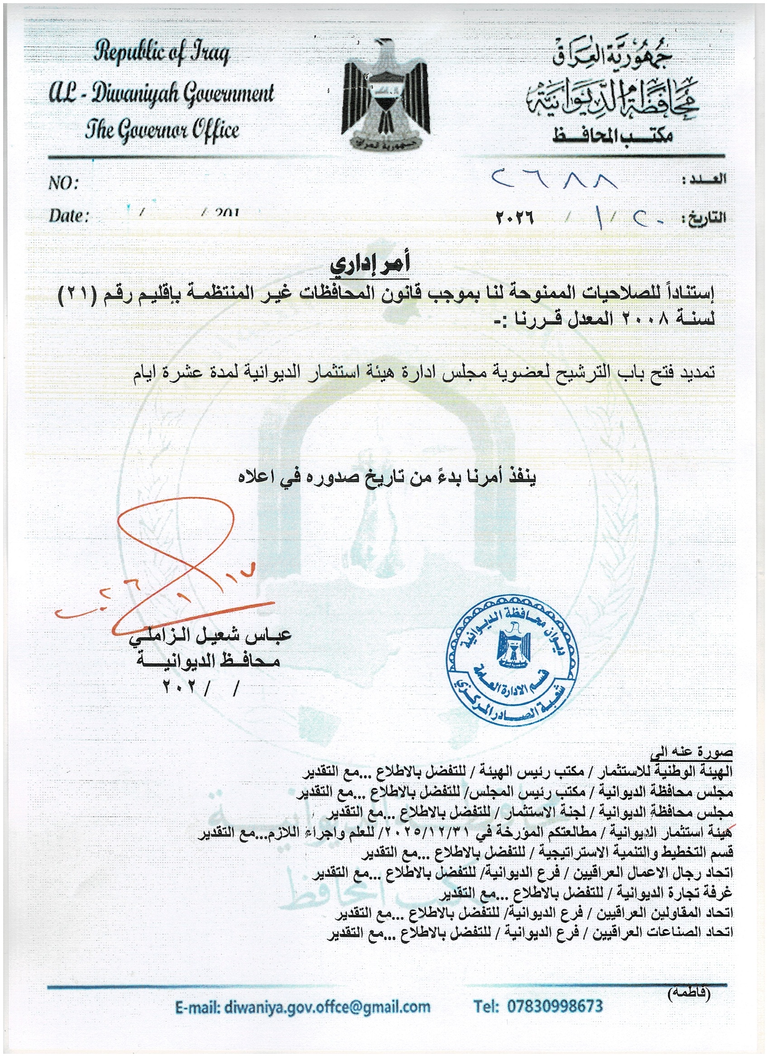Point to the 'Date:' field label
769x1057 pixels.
[69, 216]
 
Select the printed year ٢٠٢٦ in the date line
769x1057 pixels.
[514, 217]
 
